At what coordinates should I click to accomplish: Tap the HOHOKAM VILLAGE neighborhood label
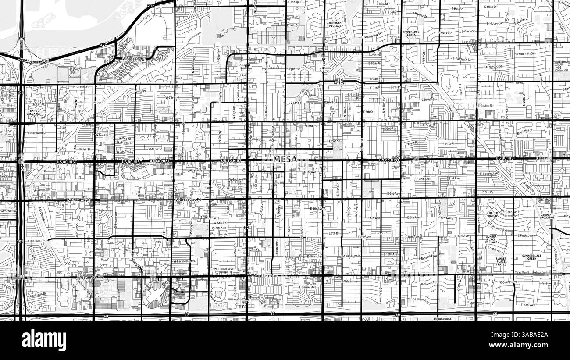coord(335,25)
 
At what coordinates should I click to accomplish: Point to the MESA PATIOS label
coord(339,82)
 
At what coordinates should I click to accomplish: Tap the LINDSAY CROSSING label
coord(547,216)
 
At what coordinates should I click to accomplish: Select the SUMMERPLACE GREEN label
coord(531,257)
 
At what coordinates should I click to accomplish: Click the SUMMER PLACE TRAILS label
coord(501,261)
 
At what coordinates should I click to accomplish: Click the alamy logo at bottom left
coord(44,340)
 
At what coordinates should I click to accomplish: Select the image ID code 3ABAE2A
coord(526,335)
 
